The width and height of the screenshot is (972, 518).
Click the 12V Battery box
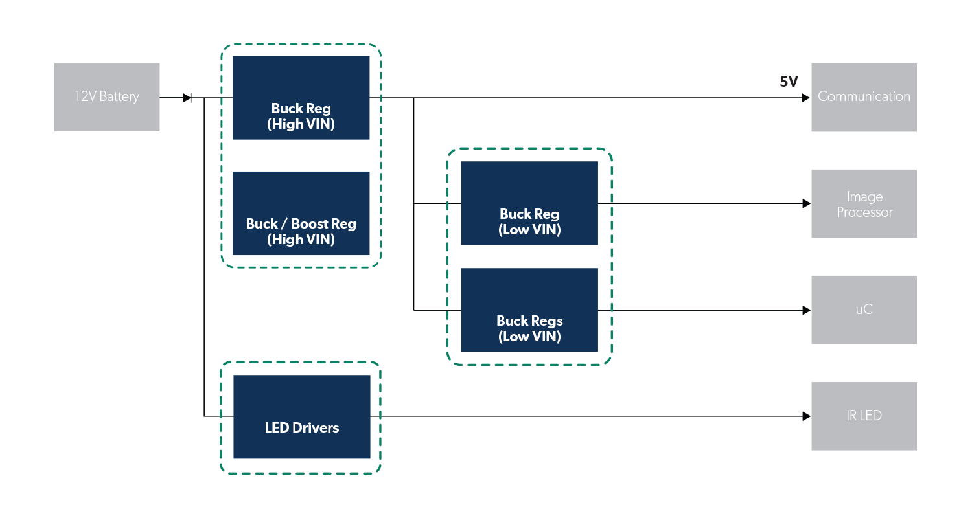pos(107,97)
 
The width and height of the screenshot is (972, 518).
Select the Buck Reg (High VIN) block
pos(301,98)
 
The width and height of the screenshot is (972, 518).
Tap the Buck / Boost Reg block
pos(301,213)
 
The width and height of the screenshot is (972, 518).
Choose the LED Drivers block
pos(302,417)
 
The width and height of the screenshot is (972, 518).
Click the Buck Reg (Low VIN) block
pos(529,203)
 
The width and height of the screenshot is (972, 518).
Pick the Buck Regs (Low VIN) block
pos(529,310)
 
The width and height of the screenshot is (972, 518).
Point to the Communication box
pos(864,97)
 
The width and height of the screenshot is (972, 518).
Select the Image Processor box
pos(864,203)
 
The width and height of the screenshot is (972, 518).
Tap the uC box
pos(864,310)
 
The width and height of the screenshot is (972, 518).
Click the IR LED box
pos(864,416)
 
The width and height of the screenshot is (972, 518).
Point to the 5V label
pos(789,82)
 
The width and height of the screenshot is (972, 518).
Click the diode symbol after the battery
pos(187,98)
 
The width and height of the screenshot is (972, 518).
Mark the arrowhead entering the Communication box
pos(806,98)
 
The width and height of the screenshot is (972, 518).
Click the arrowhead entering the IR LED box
pos(806,416)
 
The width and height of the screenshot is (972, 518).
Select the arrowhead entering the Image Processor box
pos(806,203)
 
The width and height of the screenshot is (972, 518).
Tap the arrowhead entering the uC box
pos(806,310)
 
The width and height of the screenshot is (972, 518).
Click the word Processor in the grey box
pos(864,212)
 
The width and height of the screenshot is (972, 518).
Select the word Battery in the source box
pos(119,96)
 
